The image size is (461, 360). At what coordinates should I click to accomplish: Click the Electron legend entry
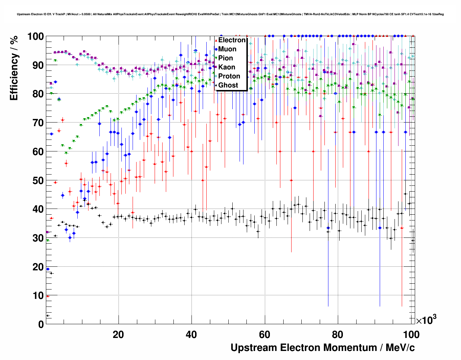coord(232,40)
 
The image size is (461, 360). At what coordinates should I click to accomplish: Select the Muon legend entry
coord(227,49)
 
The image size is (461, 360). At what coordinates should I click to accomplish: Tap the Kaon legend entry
coord(227,67)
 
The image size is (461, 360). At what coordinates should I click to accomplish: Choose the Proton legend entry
coord(229,76)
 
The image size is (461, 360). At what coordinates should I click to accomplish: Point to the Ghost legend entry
coord(228,85)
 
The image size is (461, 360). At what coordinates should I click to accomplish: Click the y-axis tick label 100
coord(35,37)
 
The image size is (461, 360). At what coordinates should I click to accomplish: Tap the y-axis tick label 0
coord(41,324)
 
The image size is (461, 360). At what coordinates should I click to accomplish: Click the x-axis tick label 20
coord(118,335)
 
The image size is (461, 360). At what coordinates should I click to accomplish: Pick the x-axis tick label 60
coord(264,335)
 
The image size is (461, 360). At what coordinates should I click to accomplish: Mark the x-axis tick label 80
coord(338,335)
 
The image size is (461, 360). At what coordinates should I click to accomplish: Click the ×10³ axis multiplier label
coord(426,320)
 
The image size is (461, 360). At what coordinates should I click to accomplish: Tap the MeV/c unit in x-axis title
coord(400,348)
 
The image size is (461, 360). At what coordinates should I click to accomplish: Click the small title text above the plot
coord(230,14)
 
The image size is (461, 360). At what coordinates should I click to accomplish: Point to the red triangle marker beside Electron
coord(216,40)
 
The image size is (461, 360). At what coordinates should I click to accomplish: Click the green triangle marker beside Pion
coord(216,58)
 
